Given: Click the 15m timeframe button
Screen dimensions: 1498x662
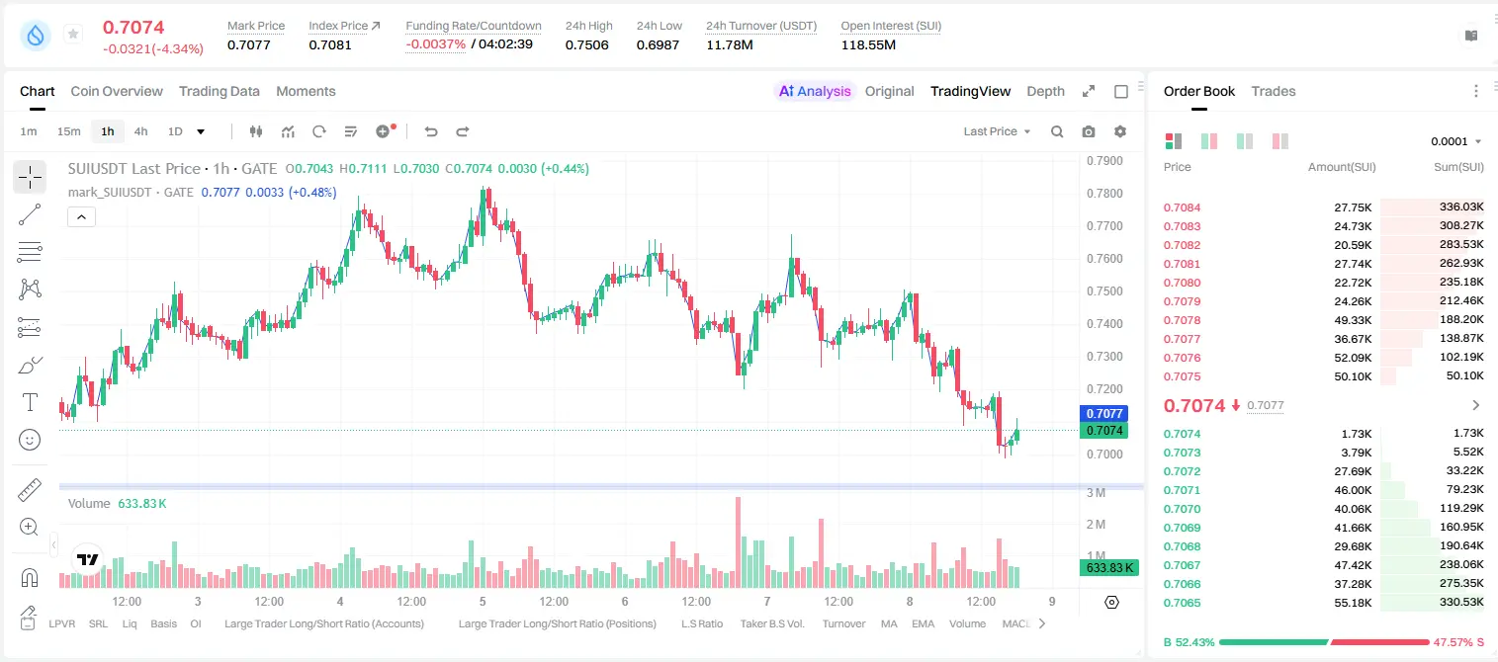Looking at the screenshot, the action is coord(69,131).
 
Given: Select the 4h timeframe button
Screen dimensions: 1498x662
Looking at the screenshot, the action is coord(140,131).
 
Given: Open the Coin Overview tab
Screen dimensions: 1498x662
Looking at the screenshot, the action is coord(117,91).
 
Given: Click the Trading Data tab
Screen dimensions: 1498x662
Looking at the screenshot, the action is coord(219,91).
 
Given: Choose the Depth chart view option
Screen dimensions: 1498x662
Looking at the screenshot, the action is coord(1045,91).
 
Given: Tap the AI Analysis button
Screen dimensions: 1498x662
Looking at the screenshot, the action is coord(815,91).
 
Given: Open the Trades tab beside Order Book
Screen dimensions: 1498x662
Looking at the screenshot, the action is coord(1274,91).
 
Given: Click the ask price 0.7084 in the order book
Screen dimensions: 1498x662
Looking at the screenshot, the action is coord(1182,207).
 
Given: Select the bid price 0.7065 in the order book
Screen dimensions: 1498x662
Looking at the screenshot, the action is coord(1182,603).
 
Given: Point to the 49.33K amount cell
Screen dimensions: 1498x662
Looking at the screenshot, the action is coord(1353,320).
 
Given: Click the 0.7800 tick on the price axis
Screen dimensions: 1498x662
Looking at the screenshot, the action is coord(1104,193).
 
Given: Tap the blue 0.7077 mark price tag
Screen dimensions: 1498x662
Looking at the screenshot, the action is coord(1104,413).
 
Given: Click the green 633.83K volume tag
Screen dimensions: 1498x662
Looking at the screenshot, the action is coord(1108,568).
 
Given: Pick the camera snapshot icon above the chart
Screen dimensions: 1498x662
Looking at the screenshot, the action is coord(1089,131).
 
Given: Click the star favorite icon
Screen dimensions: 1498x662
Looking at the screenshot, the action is coord(73,34).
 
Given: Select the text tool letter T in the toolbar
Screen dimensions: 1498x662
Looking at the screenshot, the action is coord(30,402).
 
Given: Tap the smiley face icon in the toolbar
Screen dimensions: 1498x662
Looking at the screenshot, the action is coord(30,440).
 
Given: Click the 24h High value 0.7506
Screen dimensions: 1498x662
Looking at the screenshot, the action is coord(586,44).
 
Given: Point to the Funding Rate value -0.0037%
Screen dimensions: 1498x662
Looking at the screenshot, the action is coord(435,44).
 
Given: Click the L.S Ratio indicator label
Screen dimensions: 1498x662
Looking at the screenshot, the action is coord(701,623).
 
